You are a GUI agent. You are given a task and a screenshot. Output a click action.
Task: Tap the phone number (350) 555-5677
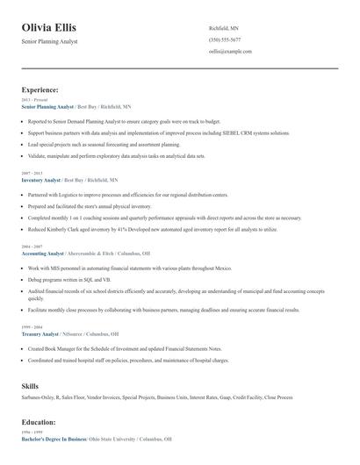(x=225, y=39)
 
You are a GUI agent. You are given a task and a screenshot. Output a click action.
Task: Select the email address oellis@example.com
(x=230, y=51)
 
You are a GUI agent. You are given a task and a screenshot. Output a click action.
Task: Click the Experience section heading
(x=40, y=89)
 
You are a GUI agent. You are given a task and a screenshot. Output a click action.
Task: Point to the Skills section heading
(x=30, y=386)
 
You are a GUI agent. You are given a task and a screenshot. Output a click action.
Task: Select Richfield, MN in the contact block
(x=223, y=28)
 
